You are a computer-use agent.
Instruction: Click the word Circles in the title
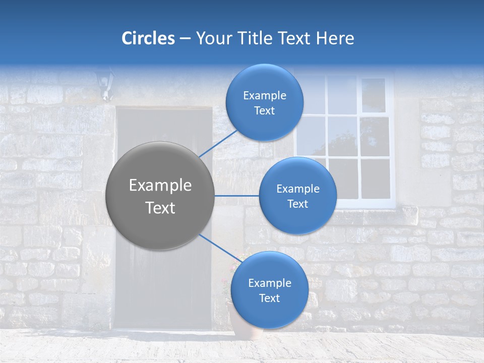(148, 38)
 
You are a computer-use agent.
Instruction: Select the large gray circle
(160, 196)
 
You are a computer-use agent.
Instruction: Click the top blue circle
(264, 102)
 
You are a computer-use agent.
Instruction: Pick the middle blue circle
(297, 196)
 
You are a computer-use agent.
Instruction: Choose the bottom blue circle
(269, 290)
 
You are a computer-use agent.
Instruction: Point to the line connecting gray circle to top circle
(218, 143)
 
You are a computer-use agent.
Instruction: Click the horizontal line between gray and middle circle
(236, 196)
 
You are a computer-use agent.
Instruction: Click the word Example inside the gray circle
(160, 185)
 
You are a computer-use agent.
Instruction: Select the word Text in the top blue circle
(264, 111)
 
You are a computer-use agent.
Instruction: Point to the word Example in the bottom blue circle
(269, 283)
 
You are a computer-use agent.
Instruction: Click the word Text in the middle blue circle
(297, 204)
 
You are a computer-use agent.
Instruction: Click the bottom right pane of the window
(375, 178)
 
